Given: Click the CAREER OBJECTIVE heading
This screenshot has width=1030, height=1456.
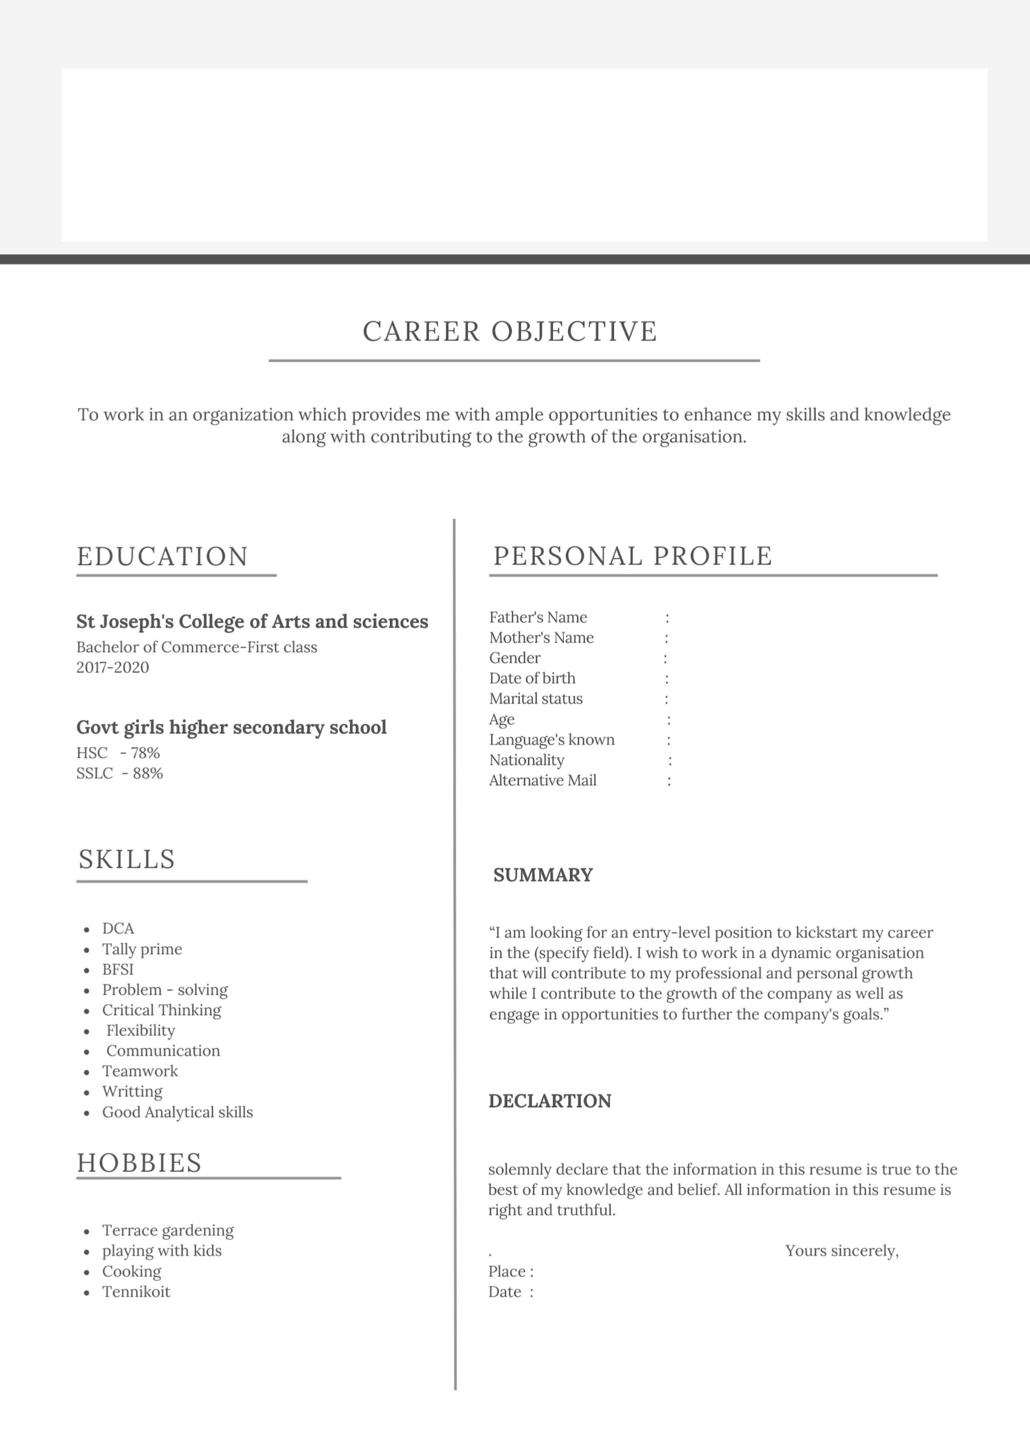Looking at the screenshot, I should pyautogui.click(x=510, y=332).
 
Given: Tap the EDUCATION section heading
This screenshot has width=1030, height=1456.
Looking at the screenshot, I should pyautogui.click(x=162, y=557).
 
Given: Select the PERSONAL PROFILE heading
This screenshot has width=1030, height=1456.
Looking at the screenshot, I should pyautogui.click(x=632, y=556).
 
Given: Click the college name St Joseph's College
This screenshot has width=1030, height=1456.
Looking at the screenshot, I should pyautogui.click(x=252, y=622).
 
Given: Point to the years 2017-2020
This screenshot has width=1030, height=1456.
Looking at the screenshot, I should pyautogui.click(x=113, y=668).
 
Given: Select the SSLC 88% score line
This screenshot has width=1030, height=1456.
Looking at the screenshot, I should pyautogui.click(x=119, y=773).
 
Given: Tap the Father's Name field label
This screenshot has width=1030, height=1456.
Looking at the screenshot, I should pyautogui.click(x=538, y=617).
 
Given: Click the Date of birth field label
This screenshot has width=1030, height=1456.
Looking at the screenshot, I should pyautogui.click(x=532, y=678).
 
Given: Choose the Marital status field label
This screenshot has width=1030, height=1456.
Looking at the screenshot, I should pyautogui.click(x=535, y=698).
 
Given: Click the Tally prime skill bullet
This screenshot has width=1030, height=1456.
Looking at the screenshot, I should pyautogui.click(x=142, y=949).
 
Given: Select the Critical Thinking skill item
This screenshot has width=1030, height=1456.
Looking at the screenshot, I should pyautogui.click(x=162, y=1010).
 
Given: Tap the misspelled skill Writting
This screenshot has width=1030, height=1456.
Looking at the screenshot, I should pyautogui.click(x=133, y=1091).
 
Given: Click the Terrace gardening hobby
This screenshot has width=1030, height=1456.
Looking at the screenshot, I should pyautogui.click(x=168, y=1230).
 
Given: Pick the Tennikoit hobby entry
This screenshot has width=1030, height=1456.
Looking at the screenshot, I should pyautogui.click(x=136, y=1292).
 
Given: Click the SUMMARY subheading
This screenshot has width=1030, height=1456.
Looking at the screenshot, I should pyautogui.click(x=543, y=875).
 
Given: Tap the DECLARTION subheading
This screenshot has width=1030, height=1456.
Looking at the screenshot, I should pyautogui.click(x=549, y=1101).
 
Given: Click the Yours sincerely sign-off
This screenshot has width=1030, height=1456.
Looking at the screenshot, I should pyautogui.click(x=842, y=1251).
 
